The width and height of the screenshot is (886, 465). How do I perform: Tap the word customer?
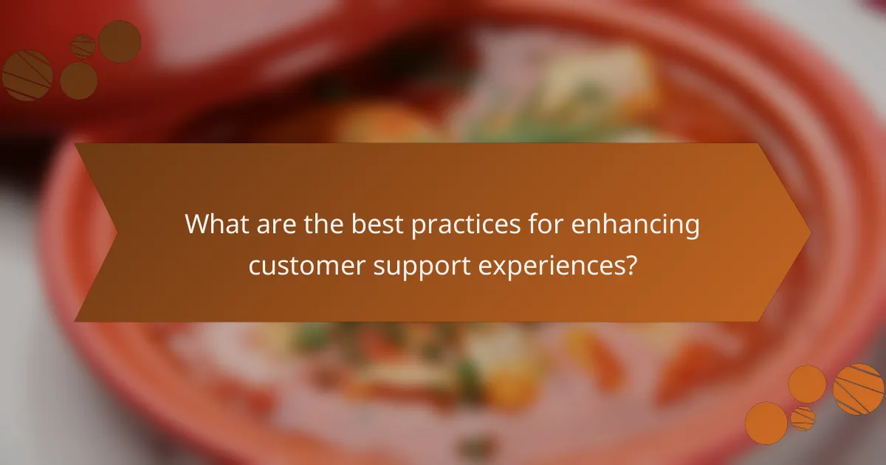(x=303, y=265)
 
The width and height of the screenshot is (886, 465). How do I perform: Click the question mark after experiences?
(x=629, y=265)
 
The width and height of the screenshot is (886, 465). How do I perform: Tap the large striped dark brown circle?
(x=27, y=75)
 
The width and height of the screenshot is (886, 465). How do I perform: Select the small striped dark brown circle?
(x=83, y=46)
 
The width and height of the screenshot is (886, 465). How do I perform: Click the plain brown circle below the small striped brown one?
(x=78, y=80)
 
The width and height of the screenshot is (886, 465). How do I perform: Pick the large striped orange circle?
(x=859, y=389)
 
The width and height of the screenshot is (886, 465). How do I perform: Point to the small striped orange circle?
(x=803, y=418)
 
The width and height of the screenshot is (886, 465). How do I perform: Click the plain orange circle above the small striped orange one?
(x=806, y=384)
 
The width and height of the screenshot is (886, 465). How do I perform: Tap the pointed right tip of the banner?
(x=809, y=232)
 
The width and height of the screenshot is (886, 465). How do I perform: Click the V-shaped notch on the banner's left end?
(x=117, y=232)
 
